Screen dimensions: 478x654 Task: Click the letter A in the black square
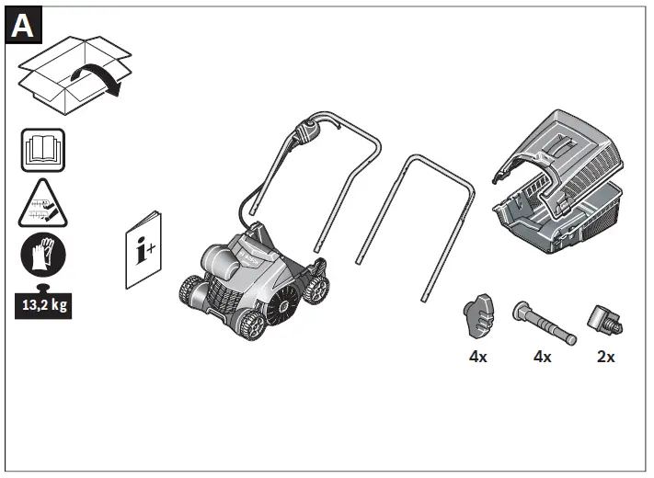point(22,25)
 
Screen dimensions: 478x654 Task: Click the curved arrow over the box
point(97,79)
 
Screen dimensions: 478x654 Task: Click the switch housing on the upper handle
point(308,134)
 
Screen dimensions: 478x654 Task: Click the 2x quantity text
point(606,357)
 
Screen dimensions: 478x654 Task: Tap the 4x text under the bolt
point(542,357)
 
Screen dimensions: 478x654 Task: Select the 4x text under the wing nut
point(477,357)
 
